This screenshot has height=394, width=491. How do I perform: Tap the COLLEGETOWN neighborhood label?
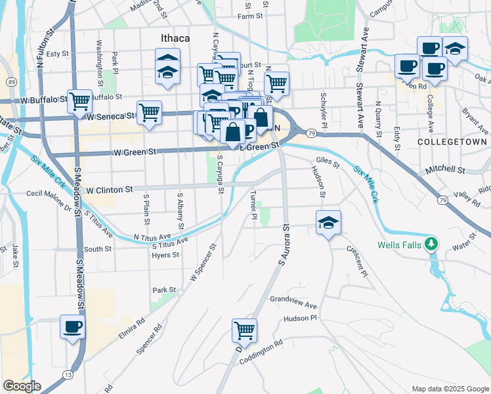coord(452,142)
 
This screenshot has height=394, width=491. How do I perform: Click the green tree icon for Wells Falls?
coord(431,244)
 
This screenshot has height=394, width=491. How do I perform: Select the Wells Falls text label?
coord(400,245)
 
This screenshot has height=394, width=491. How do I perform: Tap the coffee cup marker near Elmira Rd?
coord(72,326)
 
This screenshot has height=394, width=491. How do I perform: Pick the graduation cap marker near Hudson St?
coord(328,223)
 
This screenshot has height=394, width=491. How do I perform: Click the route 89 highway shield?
coord(12,81)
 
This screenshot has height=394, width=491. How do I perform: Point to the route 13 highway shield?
coord(68,374)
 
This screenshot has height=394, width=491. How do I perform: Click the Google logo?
coord(22,386)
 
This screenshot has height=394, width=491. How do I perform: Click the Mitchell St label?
coord(445,169)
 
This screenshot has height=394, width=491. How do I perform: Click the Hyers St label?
coord(161,255)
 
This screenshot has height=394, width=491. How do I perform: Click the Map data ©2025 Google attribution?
coord(450,389)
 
